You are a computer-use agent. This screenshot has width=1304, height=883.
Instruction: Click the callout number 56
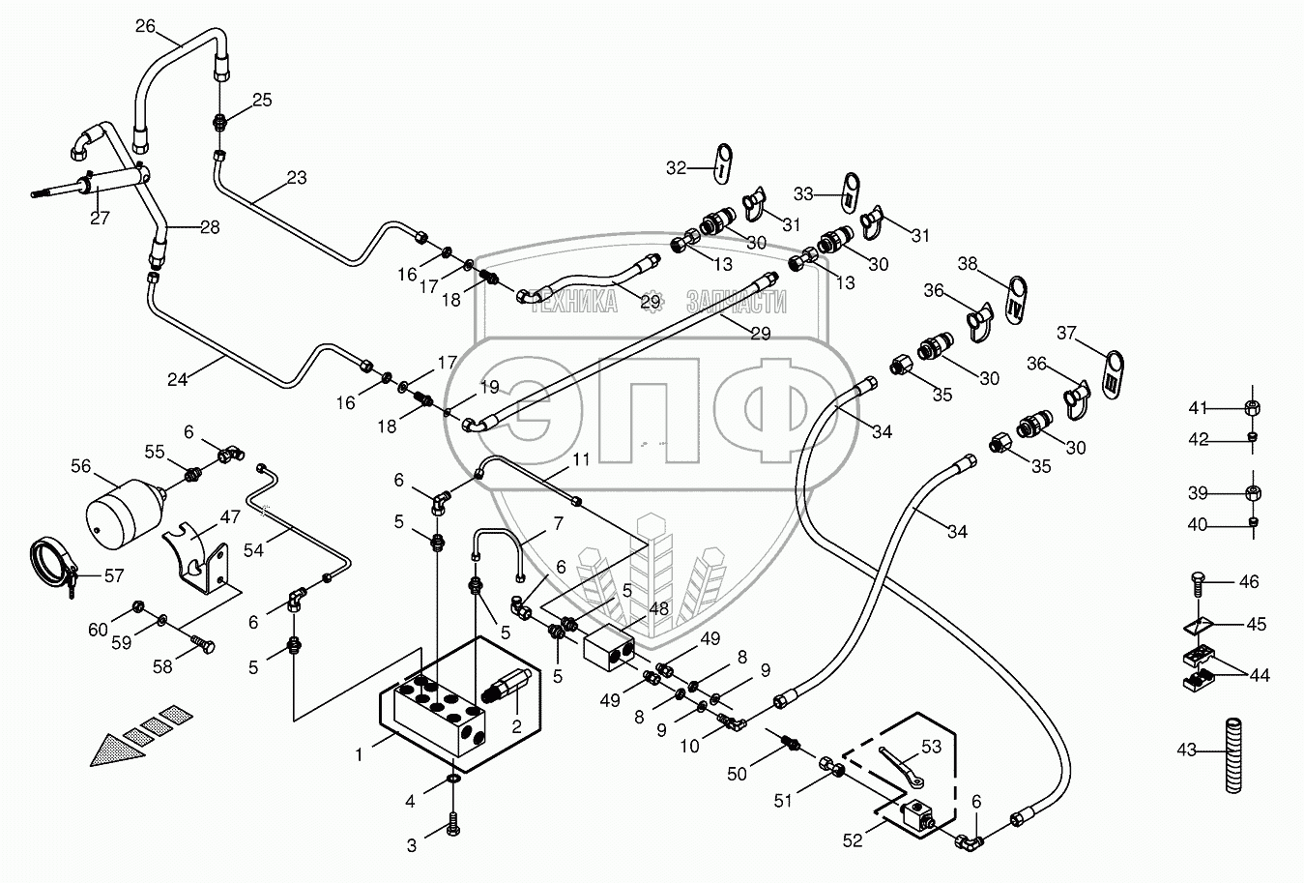point(80,466)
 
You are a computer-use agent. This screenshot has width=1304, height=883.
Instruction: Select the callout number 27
point(100,218)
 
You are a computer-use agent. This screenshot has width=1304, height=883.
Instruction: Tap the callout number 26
point(145,26)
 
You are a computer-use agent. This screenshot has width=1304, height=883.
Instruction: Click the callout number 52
point(852,840)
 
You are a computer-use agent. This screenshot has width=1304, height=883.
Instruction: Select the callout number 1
point(359,753)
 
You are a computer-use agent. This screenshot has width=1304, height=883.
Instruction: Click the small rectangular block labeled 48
point(608,645)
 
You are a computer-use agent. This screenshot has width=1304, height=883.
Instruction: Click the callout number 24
point(177,379)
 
